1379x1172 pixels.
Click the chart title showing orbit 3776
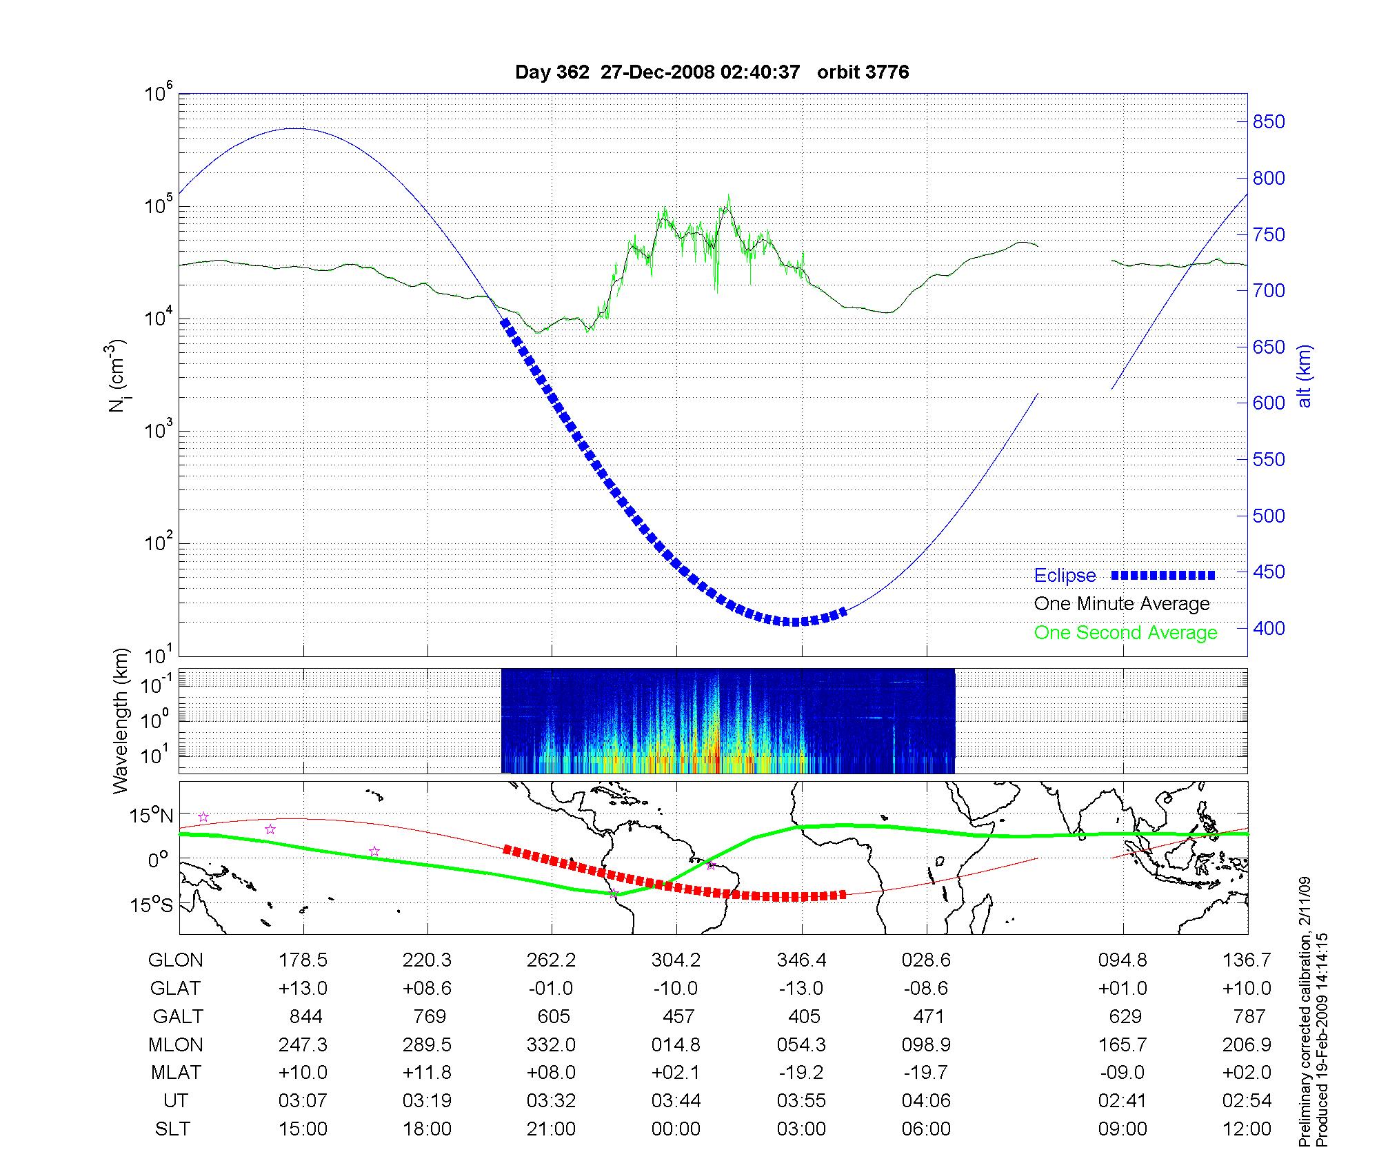pyautogui.click(x=712, y=72)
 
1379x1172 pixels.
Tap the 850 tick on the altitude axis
pyautogui.click(x=1269, y=122)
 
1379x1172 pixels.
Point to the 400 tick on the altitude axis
pyautogui.click(x=1269, y=628)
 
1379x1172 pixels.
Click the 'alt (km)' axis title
pyautogui.click(x=1305, y=376)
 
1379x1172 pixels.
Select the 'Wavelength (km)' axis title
pyautogui.click(x=121, y=721)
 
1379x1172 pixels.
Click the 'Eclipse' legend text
pyautogui.click(x=1065, y=576)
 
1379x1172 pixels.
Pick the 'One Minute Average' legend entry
pyautogui.click(x=1122, y=604)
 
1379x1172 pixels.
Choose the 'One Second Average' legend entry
pyautogui.click(x=1125, y=633)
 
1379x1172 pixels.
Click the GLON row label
pyautogui.click(x=175, y=960)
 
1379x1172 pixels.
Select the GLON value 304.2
pyautogui.click(x=676, y=960)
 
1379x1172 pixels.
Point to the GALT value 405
pyautogui.click(x=803, y=1017)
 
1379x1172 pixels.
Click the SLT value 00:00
pyautogui.click(x=676, y=1129)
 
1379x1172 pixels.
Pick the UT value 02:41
pyautogui.click(x=1123, y=1101)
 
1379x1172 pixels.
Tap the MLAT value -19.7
pyautogui.click(x=926, y=1073)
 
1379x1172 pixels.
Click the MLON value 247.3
pyautogui.click(x=303, y=1045)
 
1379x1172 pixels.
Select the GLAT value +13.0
pyautogui.click(x=303, y=989)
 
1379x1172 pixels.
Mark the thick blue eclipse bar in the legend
pyautogui.click(x=1162, y=575)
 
